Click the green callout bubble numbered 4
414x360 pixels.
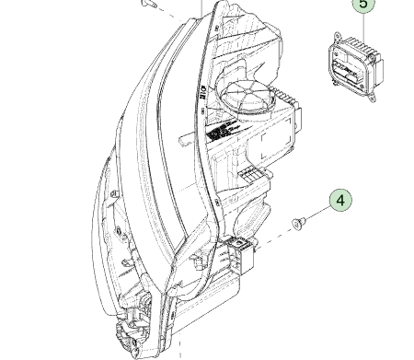click(x=340, y=200)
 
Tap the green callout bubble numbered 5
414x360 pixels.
click(x=363, y=5)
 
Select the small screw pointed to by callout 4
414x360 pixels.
click(x=299, y=223)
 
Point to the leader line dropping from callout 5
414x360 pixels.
click(x=363, y=29)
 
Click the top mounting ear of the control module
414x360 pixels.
click(x=338, y=36)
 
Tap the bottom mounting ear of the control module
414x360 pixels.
click(x=373, y=97)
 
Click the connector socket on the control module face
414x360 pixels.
click(x=346, y=73)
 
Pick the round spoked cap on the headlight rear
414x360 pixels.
click(x=247, y=95)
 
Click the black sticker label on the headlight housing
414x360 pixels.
click(x=219, y=132)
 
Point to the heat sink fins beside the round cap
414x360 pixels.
click(x=284, y=96)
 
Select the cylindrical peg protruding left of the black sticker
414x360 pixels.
click(x=187, y=140)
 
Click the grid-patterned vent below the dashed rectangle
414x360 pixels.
click(x=250, y=175)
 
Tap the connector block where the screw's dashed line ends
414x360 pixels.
click(x=241, y=254)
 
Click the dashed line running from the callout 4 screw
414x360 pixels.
click(x=274, y=237)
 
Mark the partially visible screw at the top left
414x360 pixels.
click(x=149, y=3)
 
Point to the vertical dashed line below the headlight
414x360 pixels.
click(x=180, y=346)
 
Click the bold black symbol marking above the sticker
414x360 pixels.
click(x=203, y=92)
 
